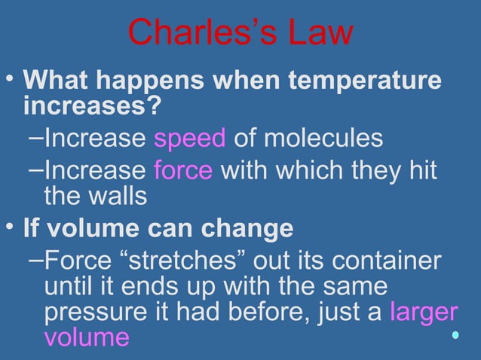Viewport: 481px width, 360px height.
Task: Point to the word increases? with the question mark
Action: click(93, 105)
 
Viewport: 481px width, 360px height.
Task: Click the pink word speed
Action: click(189, 139)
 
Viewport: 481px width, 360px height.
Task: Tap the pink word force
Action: click(183, 170)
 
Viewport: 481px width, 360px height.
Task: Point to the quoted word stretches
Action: click(180, 261)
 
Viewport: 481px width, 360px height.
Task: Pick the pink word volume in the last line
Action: click(87, 337)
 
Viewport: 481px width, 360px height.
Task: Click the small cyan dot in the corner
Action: click(455, 334)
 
